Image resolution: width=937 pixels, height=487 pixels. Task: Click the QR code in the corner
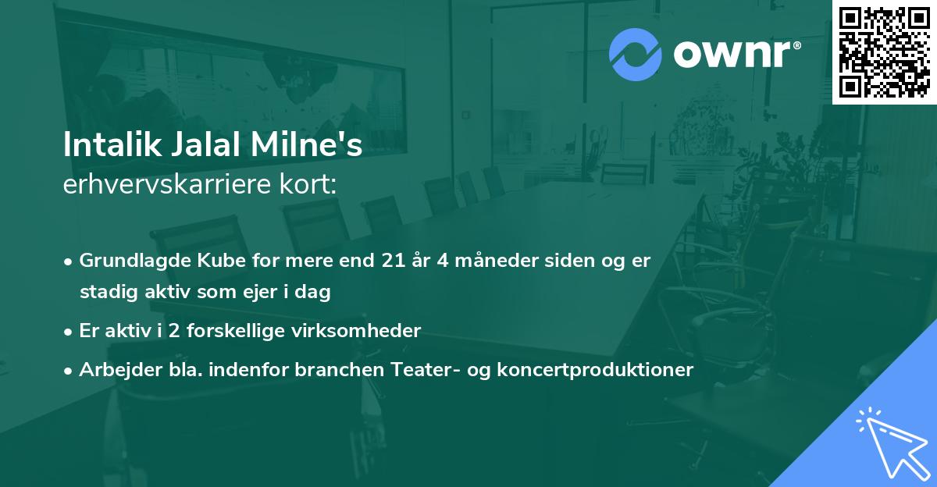tap(884, 52)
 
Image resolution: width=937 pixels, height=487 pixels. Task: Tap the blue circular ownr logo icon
tap(635, 55)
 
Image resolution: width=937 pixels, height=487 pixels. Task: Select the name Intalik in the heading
tap(106, 146)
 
